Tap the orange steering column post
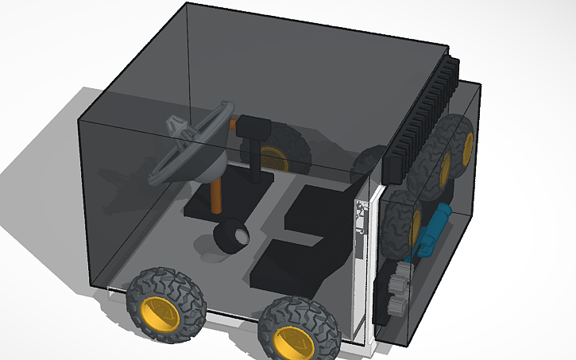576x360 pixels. pos(217,194)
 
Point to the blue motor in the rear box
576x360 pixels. pos(434,230)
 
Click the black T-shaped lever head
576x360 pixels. pos(257,126)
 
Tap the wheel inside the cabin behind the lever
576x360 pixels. pos(278,155)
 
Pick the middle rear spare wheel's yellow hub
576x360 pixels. pos(445,167)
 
